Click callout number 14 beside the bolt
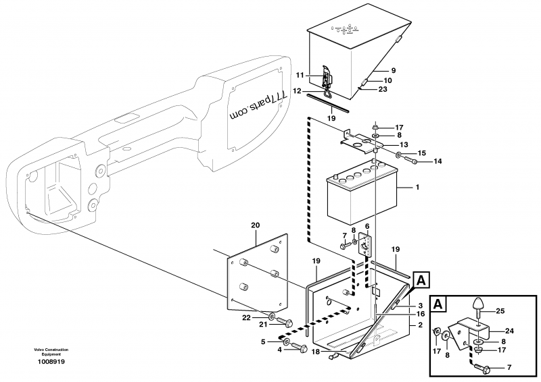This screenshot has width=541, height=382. [x=438, y=161]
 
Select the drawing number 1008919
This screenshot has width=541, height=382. [x=51, y=362]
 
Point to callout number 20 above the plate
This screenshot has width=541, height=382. [x=256, y=225]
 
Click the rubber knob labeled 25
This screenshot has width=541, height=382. [x=477, y=304]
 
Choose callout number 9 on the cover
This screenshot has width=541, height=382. [x=394, y=70]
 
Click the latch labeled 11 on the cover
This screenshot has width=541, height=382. [x=327, y=78]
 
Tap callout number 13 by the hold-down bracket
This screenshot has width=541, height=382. [x=404, y=144]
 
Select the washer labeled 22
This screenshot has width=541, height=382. [x=273, y=315]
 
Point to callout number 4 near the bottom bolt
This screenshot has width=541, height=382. [x=280, y=350]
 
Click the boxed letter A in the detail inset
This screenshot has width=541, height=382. [x=438, y=304]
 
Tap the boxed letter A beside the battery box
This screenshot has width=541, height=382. [x=421, y=279]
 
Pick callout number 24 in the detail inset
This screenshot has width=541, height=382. [x=509, y=331]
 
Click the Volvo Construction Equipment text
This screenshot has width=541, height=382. [x=51, y=352]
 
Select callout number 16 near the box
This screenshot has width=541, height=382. [x=421, y=314]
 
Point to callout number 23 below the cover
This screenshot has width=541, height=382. [x=383, y=89]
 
